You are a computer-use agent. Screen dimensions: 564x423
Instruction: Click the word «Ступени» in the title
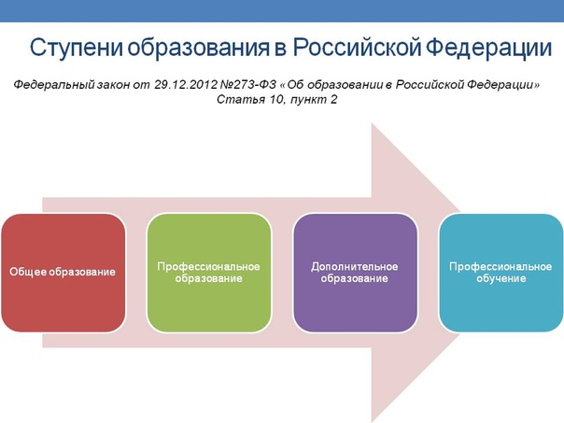[x=77, y=48]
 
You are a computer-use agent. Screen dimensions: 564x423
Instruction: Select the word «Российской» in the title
[x=358, y=47]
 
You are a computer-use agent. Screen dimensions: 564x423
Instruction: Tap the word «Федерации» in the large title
[x=488, y=48]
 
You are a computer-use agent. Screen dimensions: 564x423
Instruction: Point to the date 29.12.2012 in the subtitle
[x=186, y=85]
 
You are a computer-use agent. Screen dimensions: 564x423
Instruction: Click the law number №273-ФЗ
[x=247, y=85]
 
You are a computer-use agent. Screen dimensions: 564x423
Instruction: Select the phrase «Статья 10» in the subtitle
[x=250, y=99]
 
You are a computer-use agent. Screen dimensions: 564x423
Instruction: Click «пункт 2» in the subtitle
[x=314, y=100]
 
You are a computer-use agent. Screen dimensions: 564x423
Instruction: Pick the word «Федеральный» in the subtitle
[x=54, y=85]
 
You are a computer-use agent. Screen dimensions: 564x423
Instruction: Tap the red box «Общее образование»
[x=63, y=273]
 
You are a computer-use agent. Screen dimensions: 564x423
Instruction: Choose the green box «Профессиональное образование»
[x=209, y=273]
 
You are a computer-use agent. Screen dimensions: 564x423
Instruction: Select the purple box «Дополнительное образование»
[x=355, y=273]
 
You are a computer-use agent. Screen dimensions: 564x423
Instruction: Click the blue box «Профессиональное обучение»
[x=501, y=273]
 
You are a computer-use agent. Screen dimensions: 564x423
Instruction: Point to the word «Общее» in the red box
[x=28, y=272]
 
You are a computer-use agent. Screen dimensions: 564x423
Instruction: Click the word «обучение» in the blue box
[x=501, y=278]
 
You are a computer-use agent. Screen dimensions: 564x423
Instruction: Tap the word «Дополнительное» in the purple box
[x=355, y=266]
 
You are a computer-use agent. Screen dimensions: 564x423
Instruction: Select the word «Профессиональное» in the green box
[x=208, y=266]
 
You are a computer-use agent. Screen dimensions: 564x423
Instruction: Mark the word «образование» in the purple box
[x=355, y=278]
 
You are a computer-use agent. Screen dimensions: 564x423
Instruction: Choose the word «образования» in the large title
[x=198, y=48]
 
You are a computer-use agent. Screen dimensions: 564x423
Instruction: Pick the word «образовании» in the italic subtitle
[x=345, y=85]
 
